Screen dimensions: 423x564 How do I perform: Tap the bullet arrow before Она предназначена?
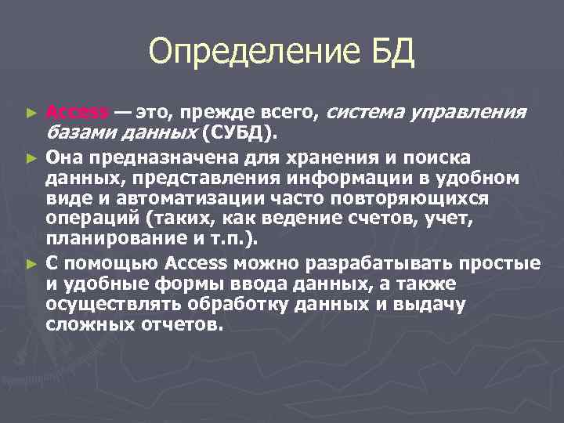click(31, 157)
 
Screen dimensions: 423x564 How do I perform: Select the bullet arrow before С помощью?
click(31, 262)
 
